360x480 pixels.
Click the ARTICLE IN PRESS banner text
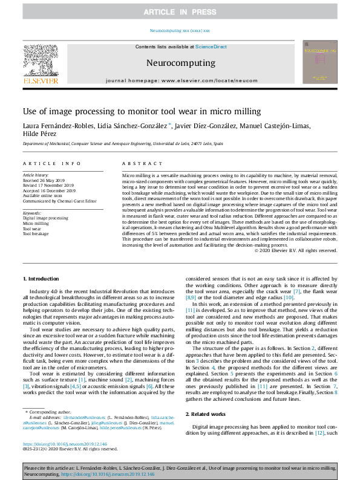[180, 12]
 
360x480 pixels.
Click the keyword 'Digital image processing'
[47, 218]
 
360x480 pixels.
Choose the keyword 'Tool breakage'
[36, 233]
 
